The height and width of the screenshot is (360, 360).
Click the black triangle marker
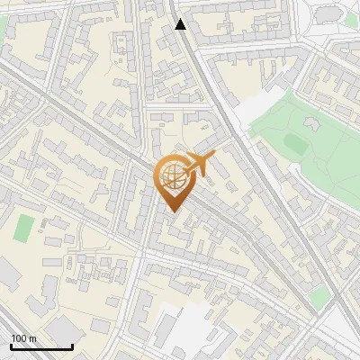[181, 24]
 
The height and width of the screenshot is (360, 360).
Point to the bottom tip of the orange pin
[172, 211]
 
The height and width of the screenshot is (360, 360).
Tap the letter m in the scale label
[33, 338]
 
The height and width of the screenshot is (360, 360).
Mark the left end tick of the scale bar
[11, 346]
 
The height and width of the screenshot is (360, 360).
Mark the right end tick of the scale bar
[72, 346]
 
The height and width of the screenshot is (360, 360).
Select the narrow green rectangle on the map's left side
[24, 228]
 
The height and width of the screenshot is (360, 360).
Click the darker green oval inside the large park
[294, 143]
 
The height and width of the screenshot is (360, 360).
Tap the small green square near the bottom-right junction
[318, 297]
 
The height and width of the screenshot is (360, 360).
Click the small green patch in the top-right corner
[351, 18]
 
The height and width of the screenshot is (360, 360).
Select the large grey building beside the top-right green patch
[327, 13]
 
